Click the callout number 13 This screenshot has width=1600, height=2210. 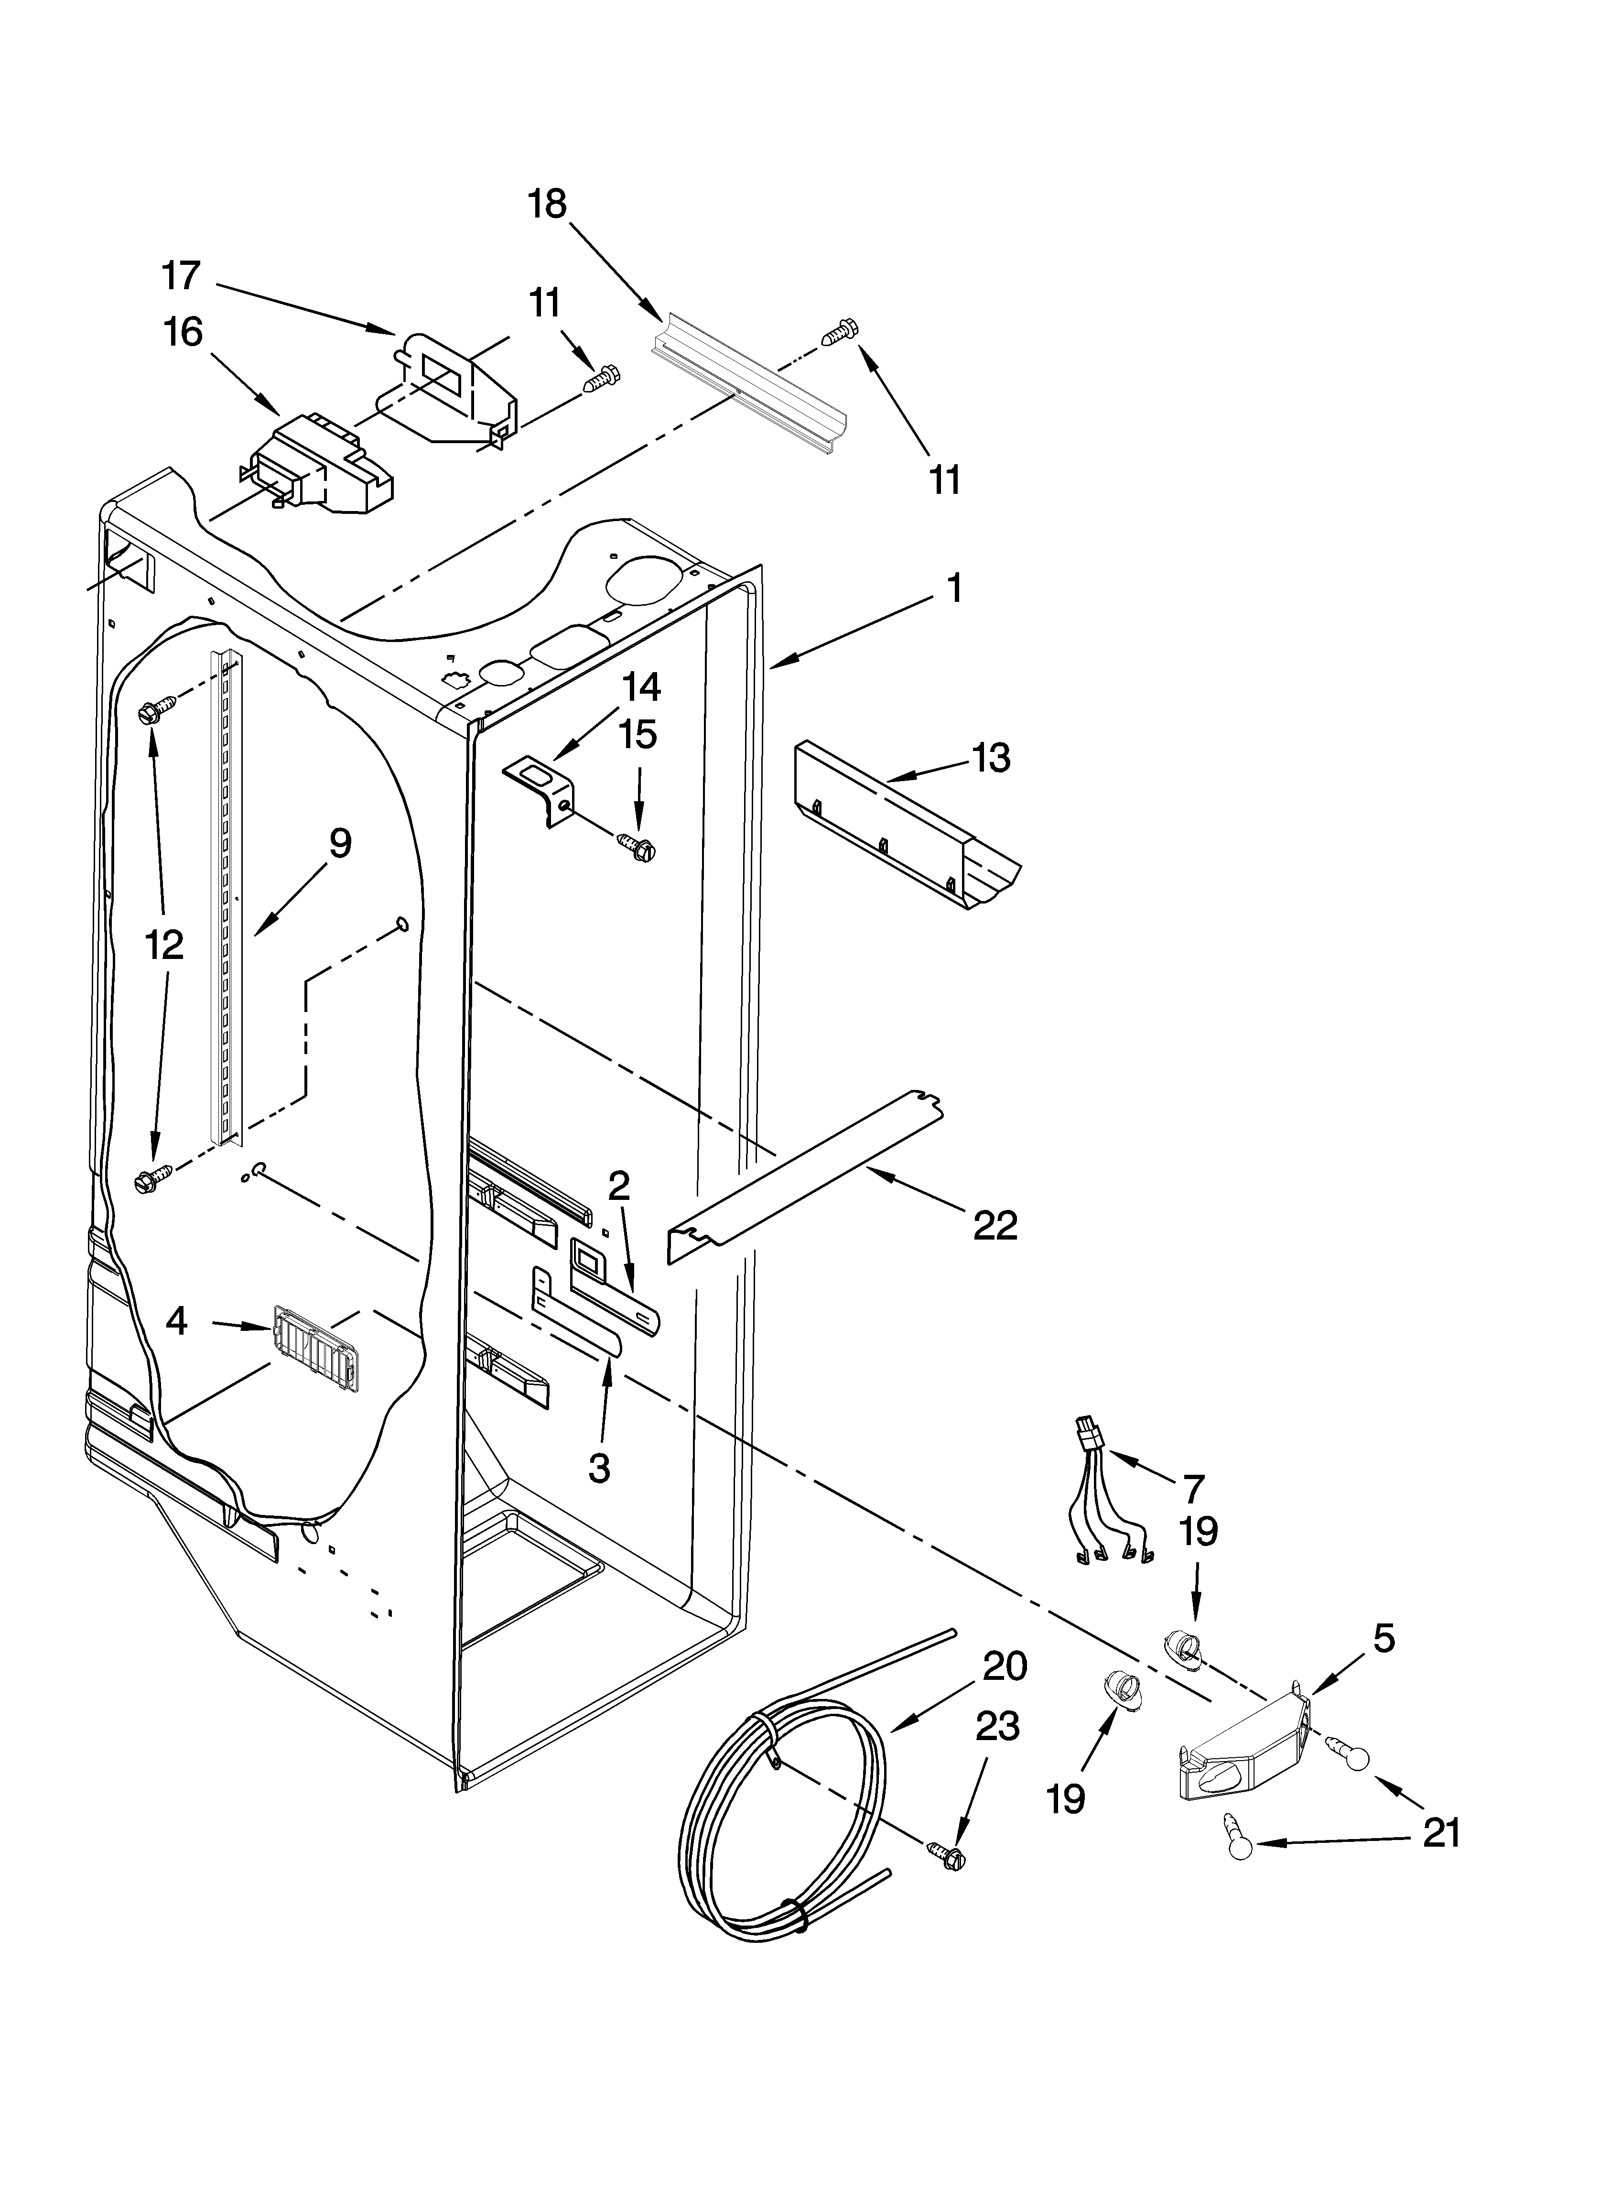tap(991, 757)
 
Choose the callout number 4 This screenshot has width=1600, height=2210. tap(176, 1321)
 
